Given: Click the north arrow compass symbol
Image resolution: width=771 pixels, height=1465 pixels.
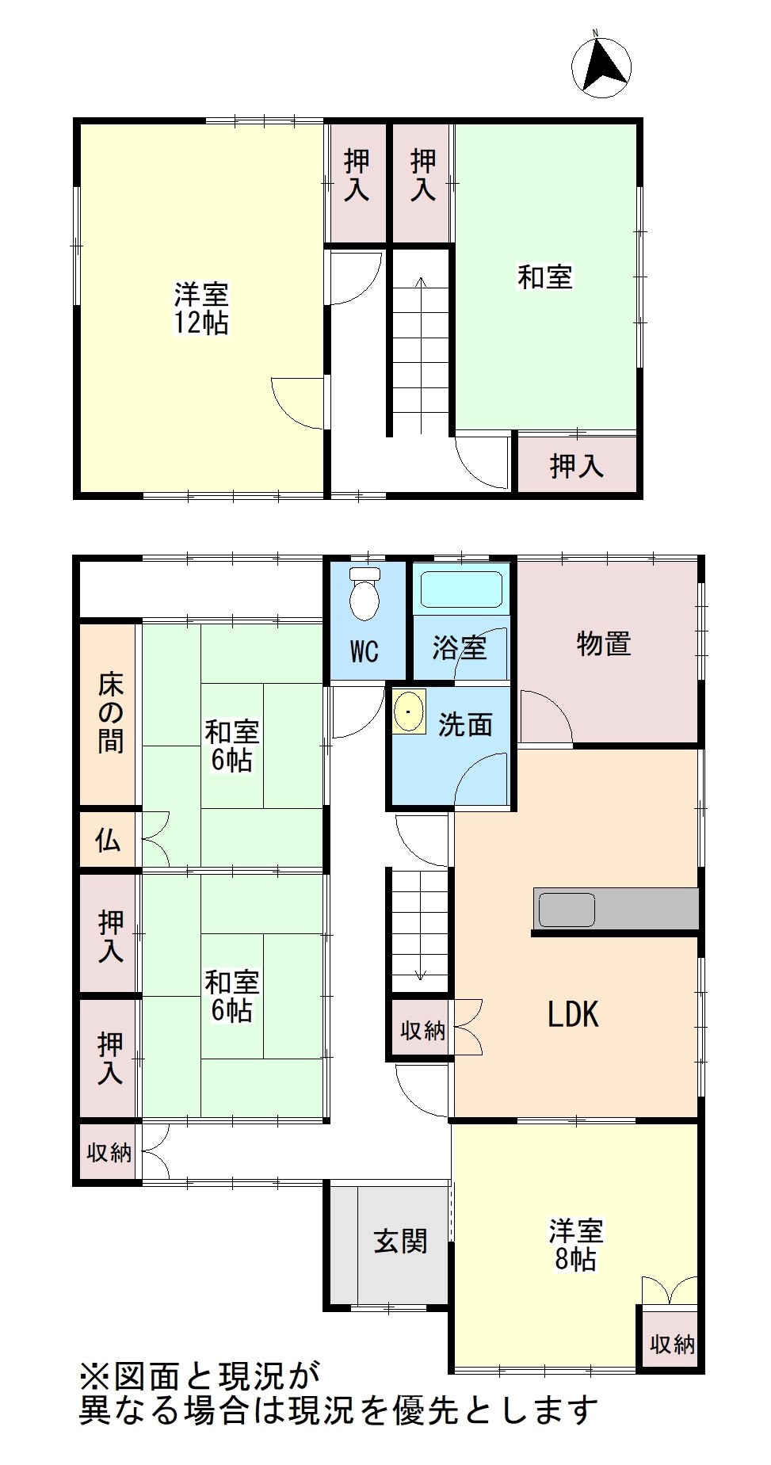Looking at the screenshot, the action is pyautogui.click(x=601, y=67).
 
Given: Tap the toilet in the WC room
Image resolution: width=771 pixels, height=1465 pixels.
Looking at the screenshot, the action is pyautogui.click(x=365, y=593).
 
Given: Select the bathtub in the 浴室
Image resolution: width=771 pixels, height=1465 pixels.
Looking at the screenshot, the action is pyautogui.click(x=461, y=589).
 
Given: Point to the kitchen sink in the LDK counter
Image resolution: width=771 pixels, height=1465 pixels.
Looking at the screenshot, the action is pyautogui.click(x=567, y=909).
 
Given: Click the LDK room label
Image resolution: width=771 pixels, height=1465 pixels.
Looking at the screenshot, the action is pyautogui.click(x=573, y=1014).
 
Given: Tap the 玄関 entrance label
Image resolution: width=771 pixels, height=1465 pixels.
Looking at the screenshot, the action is pyautogui.click(x=400, y=1241).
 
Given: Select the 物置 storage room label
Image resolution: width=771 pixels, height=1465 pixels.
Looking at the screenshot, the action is pyautogui.click(x=604, y=644).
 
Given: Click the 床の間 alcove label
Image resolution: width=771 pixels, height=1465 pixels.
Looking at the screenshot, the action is pyautogui.click(x=110, y=712).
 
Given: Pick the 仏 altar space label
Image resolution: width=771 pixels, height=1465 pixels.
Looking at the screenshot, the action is pyautogui.click(x=109, y=840).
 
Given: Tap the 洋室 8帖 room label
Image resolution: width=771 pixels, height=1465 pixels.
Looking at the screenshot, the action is pyautogui.click(x=576, y=1246).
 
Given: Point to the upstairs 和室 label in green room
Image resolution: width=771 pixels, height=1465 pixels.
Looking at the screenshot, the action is pyautogui.click(x=545, y=277).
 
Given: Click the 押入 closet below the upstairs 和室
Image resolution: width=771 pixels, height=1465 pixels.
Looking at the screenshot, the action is pyautogui.click(x=577, y=466).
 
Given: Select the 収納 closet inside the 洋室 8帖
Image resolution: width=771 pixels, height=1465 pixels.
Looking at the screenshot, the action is pyautogui.click(x=672, y=1343).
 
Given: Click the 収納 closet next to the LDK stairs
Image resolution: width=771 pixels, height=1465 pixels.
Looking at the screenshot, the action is pyautogui.click(x=422, y=1030).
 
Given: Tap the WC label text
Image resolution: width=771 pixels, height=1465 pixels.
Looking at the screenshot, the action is pyautogui.click(x=365, y=652).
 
